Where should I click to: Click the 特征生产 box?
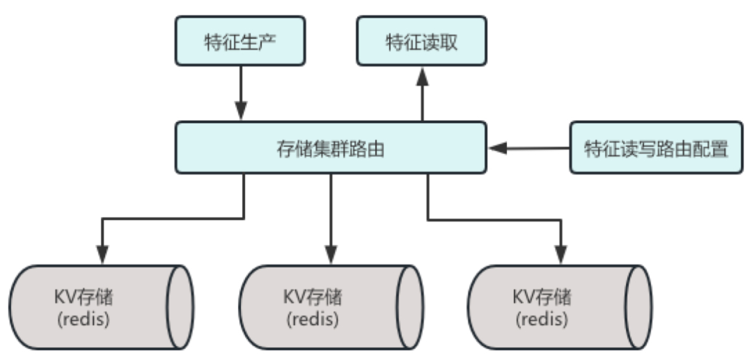240,41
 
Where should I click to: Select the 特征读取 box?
422,41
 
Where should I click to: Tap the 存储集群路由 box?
330,148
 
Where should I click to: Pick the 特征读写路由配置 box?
656,148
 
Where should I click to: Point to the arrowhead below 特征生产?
240,111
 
